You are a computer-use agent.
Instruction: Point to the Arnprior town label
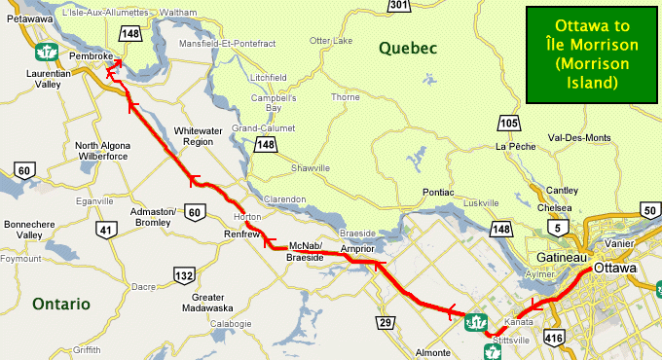click(x=357, y=250)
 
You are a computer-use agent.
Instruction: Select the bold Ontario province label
click(x=60, y=304)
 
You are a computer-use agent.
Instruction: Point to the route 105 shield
click(x=507, y=124)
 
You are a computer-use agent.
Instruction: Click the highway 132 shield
click(x=183, y=276)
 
